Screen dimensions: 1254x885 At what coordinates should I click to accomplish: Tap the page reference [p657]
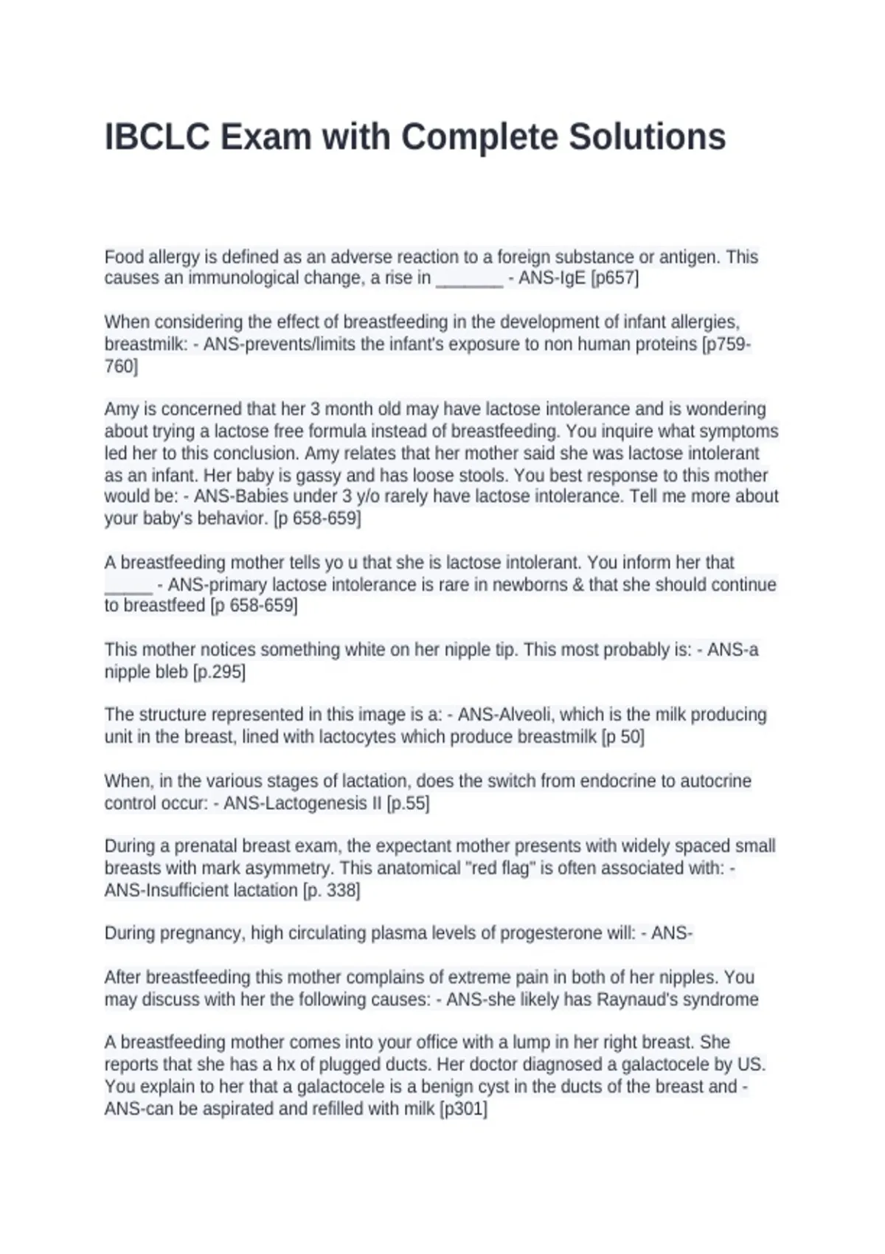point(614,278)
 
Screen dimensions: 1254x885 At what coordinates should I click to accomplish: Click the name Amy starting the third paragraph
point(121,409)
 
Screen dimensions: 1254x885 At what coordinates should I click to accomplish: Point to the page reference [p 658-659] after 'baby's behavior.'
point(317,519)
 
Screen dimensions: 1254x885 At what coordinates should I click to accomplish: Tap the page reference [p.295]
point(219,672)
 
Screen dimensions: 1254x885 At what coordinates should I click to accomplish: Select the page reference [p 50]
point(622,737)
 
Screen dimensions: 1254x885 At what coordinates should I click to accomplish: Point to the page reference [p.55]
point(408,803)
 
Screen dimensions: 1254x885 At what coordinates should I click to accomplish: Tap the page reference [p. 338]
point(332,890)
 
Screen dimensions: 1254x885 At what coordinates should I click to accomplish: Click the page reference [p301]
point(463,1109)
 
